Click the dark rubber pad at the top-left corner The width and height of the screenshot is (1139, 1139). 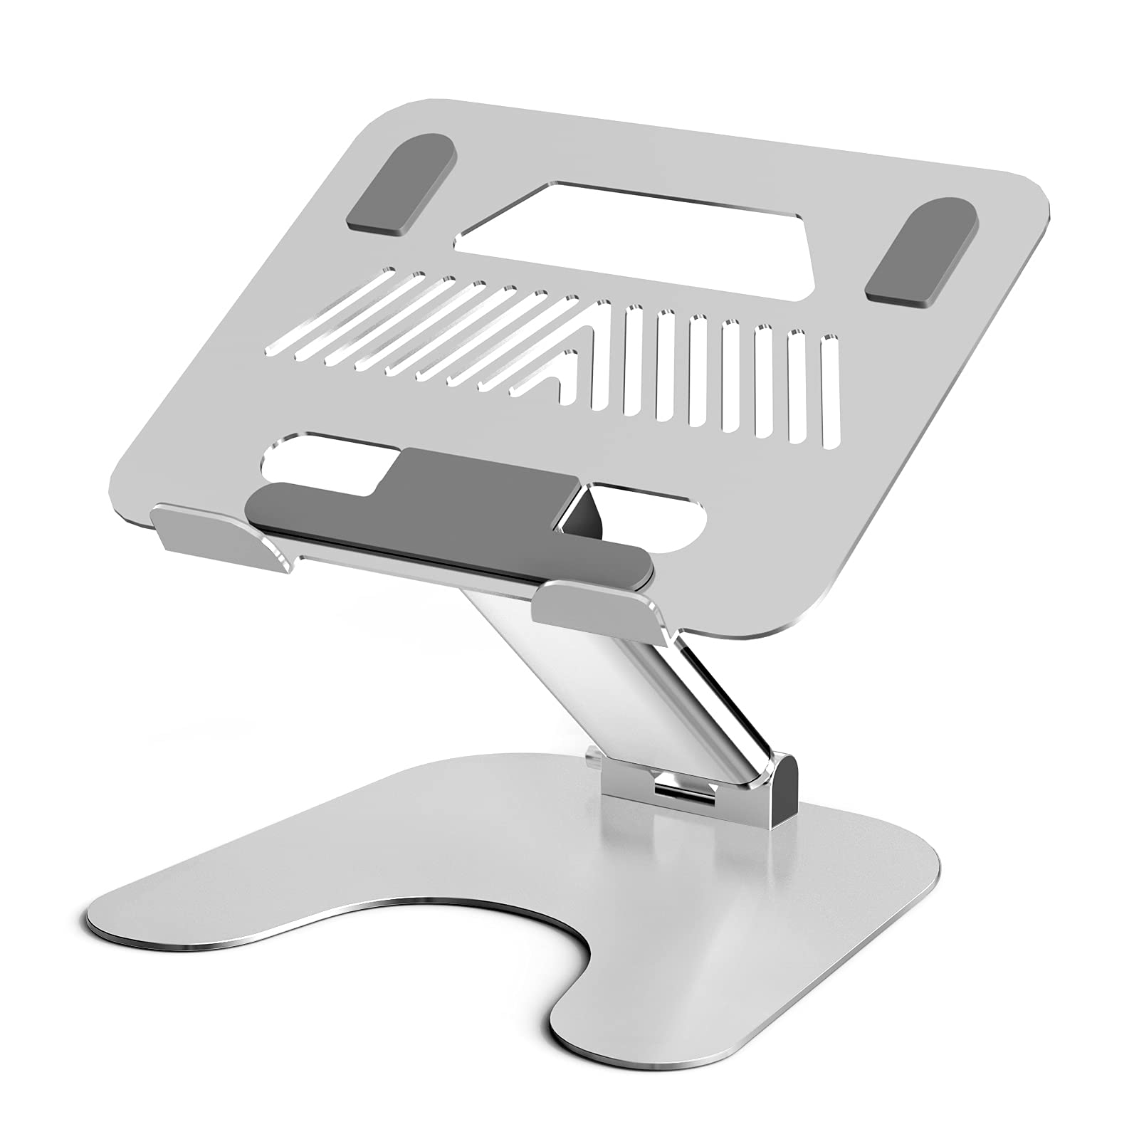pyautogui.click(x=401, y=184)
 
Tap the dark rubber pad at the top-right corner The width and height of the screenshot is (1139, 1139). pyautogui.click(x=920, y=253)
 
